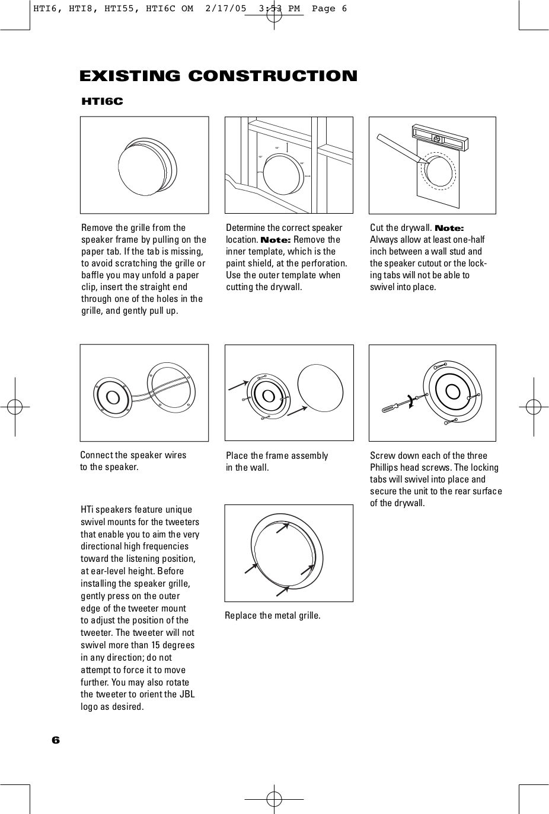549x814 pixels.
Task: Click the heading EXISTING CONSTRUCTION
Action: pos(218,76)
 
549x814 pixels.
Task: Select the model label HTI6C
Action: pos(102,102)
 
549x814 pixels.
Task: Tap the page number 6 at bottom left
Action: pos(56,740)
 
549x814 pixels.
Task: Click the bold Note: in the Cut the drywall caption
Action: pos(449,229)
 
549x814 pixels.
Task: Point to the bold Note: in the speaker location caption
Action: pos(274,240)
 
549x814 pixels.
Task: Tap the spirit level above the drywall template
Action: pos(440,139)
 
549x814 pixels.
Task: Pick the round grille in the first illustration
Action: pos(142,168)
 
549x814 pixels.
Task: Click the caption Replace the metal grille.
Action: pos(272,616)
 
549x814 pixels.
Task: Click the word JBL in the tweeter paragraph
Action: pos(187,694)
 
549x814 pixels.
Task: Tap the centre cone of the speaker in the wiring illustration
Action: pos(110,394)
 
